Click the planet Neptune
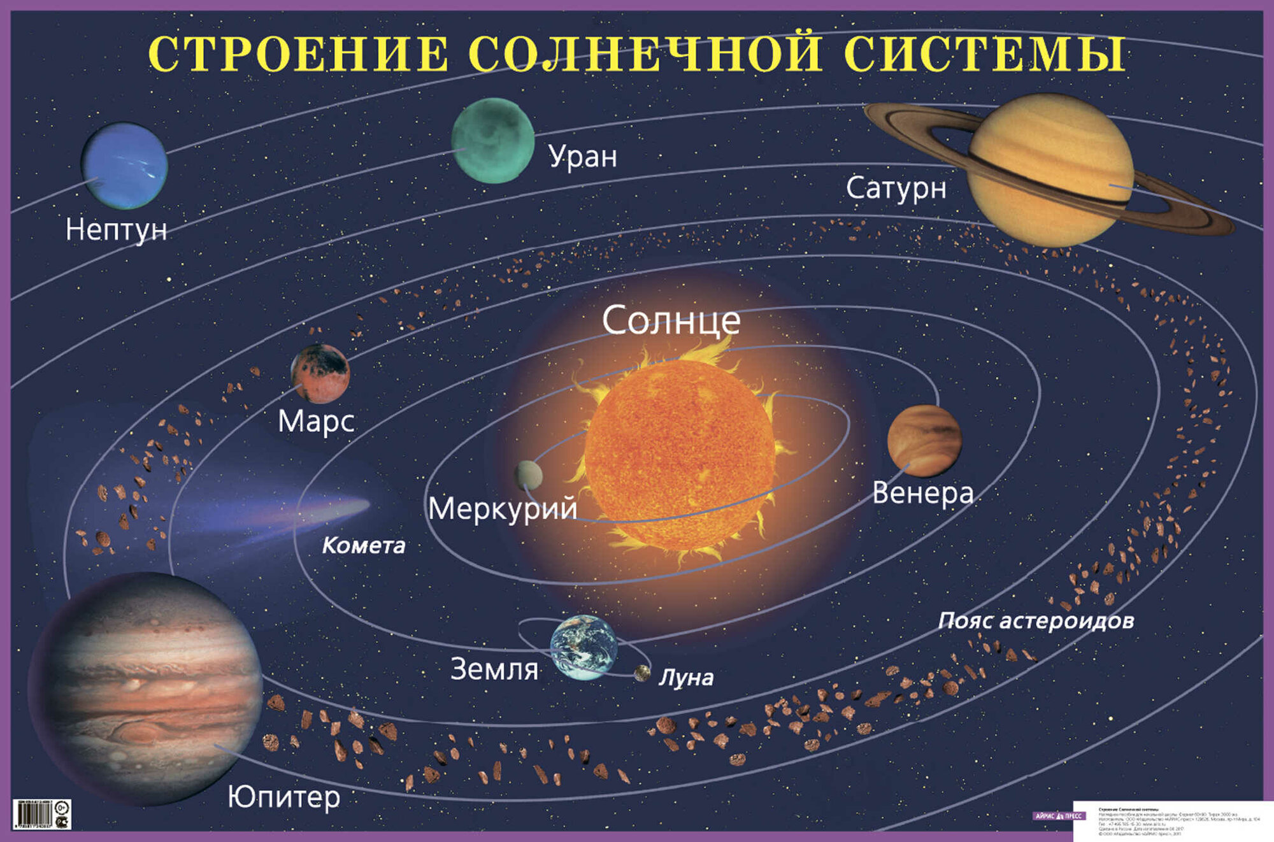point(125,166)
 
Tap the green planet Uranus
point(492,141)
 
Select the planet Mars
point(320,374)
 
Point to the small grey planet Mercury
point(528,475)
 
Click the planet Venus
point(924,440)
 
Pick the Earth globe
point(583,647)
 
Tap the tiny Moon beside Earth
point(641,673)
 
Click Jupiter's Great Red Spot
point(138,732)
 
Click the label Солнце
point(671,320)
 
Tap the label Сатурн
point(896,189)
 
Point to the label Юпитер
point(284,797)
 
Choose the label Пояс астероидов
point(1036,620)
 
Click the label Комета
point(363,546)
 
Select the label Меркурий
point(503,509)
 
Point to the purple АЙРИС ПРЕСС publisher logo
point(1058,816)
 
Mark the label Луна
point(686,678)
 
